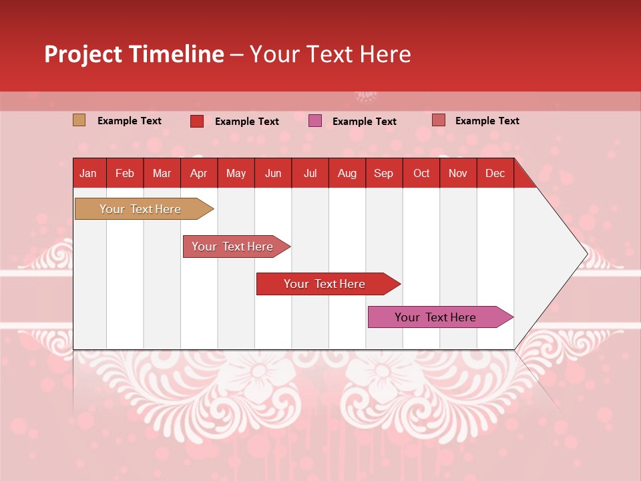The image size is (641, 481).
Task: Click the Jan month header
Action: pyautogui.click(x=88, y=173)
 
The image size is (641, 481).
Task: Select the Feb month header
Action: pyautogui.click(x=125, y=173)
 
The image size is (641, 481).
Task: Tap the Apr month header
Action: pyautogui.click(x=198, y=173)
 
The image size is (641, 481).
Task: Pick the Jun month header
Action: pyautogui.click(x=273, y=173)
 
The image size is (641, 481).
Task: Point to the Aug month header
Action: pyautogui.click(x=347, y=173)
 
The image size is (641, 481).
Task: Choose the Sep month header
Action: pyautogui.click(x=383, y=173)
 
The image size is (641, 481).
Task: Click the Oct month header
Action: pyautogui.click(x=421, y=173)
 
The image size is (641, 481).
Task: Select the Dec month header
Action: pyautogui.click(x=495, y=173)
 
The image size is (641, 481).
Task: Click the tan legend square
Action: pyautogui.click(x=79, y=120)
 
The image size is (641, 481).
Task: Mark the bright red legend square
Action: pyautogui.click(x=196, y=121)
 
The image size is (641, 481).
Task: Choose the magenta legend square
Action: pyautogui.click(x=314, y=121)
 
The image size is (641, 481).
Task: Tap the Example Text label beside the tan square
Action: pyautogui.click(x=130, y=121)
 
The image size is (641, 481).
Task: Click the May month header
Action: pyautogui.click(x=236, y=173)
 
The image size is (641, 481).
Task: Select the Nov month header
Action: pyautogui.click(x=457, y=173)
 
